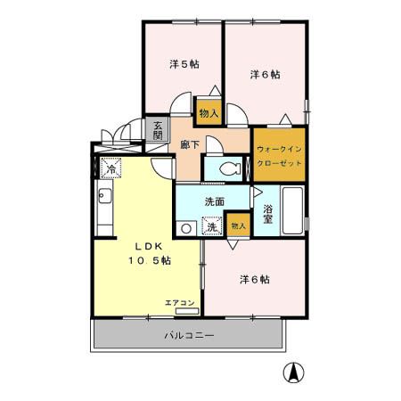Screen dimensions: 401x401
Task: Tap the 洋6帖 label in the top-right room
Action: point(264,75)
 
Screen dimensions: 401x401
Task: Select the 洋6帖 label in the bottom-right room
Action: point(254,279)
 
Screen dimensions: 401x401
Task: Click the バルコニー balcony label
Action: point(189,335)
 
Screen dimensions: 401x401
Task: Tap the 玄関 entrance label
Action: point(158,130)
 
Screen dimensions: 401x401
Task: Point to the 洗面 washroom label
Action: point(213,201)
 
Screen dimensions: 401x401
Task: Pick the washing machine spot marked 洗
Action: point(212,227)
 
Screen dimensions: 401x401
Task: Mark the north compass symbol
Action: point(291,372)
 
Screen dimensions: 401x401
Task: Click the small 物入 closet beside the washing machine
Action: point(237,226)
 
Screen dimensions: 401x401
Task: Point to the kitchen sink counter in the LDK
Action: point(105,209)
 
